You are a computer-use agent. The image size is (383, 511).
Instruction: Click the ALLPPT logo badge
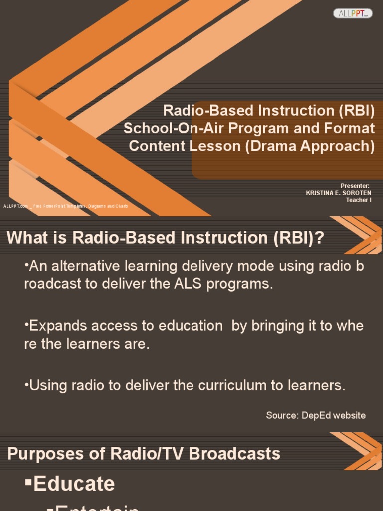353,13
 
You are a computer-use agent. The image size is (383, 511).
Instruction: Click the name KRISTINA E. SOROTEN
339,193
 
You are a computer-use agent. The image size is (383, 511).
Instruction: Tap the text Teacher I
359,200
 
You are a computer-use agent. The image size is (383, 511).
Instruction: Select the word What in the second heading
24,238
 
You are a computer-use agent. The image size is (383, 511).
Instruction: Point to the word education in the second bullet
191,326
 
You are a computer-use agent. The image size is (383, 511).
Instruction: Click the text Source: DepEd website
316,415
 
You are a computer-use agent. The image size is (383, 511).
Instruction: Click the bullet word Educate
74,484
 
